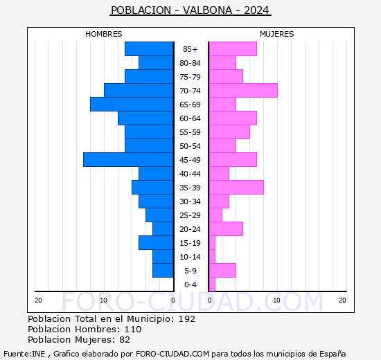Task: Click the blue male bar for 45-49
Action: (128, 160)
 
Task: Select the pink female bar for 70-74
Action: (242, 91)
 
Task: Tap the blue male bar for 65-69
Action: (132, 105)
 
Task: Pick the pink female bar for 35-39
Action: (236, 188)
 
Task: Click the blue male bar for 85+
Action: (149, 49)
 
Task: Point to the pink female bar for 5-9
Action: (222, 271)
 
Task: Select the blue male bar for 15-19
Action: (156, 243)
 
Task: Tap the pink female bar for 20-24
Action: (225, 229)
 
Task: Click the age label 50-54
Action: (190, 146)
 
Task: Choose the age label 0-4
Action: (190, 285)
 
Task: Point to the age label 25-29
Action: (190, 215)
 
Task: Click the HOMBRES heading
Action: (104, 34)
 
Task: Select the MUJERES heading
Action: (276, 34)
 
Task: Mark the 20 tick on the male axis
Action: (39, 300)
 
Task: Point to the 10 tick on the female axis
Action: (276, 300)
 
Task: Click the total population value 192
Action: (186, 319)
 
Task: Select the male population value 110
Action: (132, 330)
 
